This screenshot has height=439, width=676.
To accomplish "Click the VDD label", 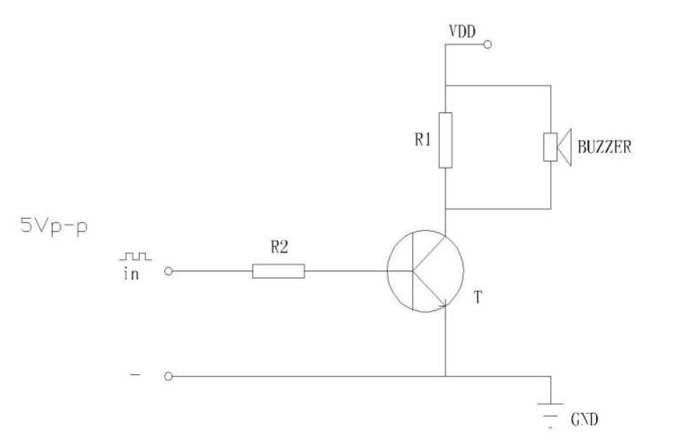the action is [x=462, y=32].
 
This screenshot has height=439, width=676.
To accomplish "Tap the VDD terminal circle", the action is [x=487, y=45].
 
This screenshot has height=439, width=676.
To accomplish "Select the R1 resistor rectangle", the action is [x=446, y=140].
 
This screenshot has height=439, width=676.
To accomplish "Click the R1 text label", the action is [x=423, y=139].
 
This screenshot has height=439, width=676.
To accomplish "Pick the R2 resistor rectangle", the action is [x=279, y=271].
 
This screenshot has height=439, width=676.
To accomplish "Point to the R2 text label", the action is [x=279, y=247].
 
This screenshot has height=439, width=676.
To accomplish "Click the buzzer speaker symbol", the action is [x=557, y=147].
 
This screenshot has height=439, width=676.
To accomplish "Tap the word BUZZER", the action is [x=605, y=147].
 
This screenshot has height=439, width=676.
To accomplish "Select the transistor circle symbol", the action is [x=425, y=271].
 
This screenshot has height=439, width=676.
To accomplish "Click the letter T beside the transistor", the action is [x=478, y=297].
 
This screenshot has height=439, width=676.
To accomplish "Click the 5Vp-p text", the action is [x=54, y=225].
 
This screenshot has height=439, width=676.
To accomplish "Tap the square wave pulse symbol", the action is [x=135, y=256].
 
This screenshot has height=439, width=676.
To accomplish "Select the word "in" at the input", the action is [x=131, y=273].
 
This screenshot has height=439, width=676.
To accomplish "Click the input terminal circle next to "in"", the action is [x=168, y=271].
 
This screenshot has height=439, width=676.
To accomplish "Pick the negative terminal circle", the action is [x=168, y=376].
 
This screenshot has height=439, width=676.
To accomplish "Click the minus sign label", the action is [x=135, y=375].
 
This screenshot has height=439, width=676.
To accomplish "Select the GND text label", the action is [x=585, y=419].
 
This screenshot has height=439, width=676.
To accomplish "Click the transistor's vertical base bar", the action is [x=413, y=271].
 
